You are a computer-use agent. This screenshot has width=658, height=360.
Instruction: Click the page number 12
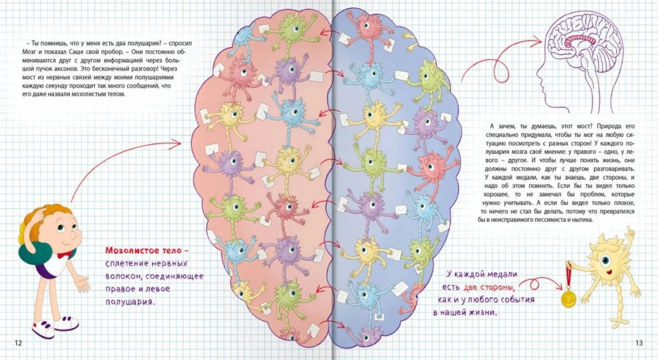pos(18,343)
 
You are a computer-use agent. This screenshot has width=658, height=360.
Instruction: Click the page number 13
pos(639,343)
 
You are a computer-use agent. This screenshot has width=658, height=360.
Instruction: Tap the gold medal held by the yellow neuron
pos(569,299)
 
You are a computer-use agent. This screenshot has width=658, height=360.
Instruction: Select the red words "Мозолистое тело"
pos(145,250)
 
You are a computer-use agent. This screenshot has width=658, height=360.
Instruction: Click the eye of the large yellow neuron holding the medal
pos(605,260)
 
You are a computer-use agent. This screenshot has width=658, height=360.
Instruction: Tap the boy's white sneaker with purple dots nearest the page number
pos(43,329)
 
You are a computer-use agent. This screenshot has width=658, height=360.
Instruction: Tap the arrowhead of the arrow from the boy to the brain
pos(176,144)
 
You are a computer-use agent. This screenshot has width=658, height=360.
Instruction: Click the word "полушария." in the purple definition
pos(130,302)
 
